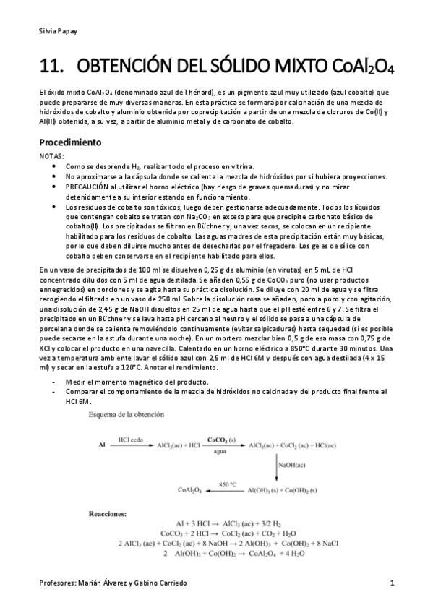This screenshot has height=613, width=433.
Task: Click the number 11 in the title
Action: click(48, 68)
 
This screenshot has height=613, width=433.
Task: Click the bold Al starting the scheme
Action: click(101, 447)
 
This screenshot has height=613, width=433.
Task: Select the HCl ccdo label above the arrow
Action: click(132, 440)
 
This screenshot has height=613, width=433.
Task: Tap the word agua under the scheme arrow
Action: click(220, 454)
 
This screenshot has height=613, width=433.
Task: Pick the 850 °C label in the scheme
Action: click(227, 484)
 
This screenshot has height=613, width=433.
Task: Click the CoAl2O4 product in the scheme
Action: click(190, 490)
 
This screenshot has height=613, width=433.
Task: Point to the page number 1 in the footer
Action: click(391, 583)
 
